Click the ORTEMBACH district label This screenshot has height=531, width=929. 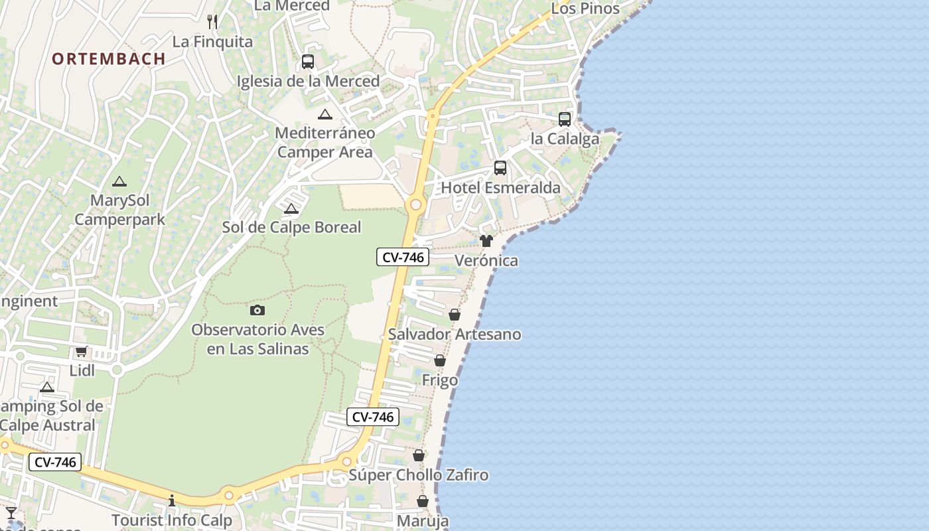coord(109,58)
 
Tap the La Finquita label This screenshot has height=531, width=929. coord(212,42)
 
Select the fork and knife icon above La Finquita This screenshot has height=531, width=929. coord(212,21)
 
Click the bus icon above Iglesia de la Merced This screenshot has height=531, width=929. coord(308,62)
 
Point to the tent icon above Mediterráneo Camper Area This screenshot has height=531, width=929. coord(325,114)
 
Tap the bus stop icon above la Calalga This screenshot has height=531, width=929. coord(565,119)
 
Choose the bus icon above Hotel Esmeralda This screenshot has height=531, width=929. coord(500,168)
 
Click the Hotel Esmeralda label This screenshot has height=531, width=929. coord(501,188)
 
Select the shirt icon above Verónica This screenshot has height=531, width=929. coord(486,241)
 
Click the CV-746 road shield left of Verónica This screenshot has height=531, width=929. coord(403,257)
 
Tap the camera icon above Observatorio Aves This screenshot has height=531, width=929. coord(257,310)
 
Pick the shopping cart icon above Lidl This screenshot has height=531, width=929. coord(82,351)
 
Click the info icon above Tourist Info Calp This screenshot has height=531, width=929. coord(172,500)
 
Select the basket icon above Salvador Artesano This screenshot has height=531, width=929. coord(455,315)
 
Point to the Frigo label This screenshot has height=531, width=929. coord(440,380)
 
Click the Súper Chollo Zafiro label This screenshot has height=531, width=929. coord(419,475)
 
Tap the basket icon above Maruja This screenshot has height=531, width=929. coord(423,501)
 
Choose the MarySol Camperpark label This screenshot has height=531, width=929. coord(120,210)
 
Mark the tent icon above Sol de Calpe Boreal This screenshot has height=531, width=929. coord(291,209)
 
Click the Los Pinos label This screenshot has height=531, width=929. coord(585,9)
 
